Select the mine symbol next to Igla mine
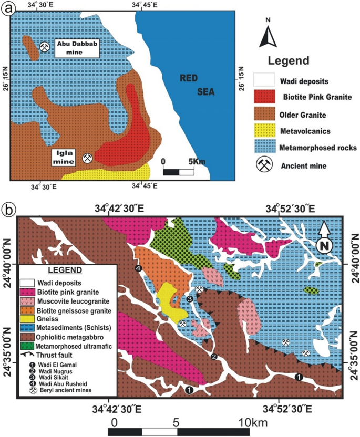pyautogui.click(x=87, y=158)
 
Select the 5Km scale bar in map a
pyautogui.click(x=179, y=171)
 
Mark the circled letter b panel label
pyautogui.click(x=8, y=210)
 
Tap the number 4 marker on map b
pyautogui.click(x=138, y=269)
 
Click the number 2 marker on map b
pyautogui.click(x=214, y=357)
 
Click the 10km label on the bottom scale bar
pyautogui.click(x=253, y=422)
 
